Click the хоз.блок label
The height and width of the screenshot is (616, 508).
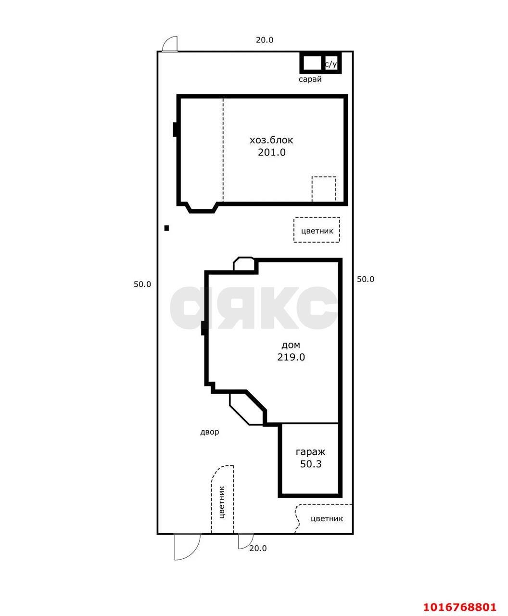271,140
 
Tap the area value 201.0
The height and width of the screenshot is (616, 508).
271,152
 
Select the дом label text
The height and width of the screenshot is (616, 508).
291,345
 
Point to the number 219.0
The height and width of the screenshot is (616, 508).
291,357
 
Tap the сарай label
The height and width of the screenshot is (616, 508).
310,79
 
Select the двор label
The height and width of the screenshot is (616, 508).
209,432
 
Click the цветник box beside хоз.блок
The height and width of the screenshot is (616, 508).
317,230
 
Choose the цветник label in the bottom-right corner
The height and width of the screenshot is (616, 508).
327,518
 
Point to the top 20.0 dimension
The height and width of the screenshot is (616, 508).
264,40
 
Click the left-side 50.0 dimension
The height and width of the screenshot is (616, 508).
142,284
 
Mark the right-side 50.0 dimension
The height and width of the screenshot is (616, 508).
366,279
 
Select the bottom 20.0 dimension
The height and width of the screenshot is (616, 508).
258,548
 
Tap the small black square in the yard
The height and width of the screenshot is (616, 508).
166,228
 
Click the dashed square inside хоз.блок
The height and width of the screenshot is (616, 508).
324,189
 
